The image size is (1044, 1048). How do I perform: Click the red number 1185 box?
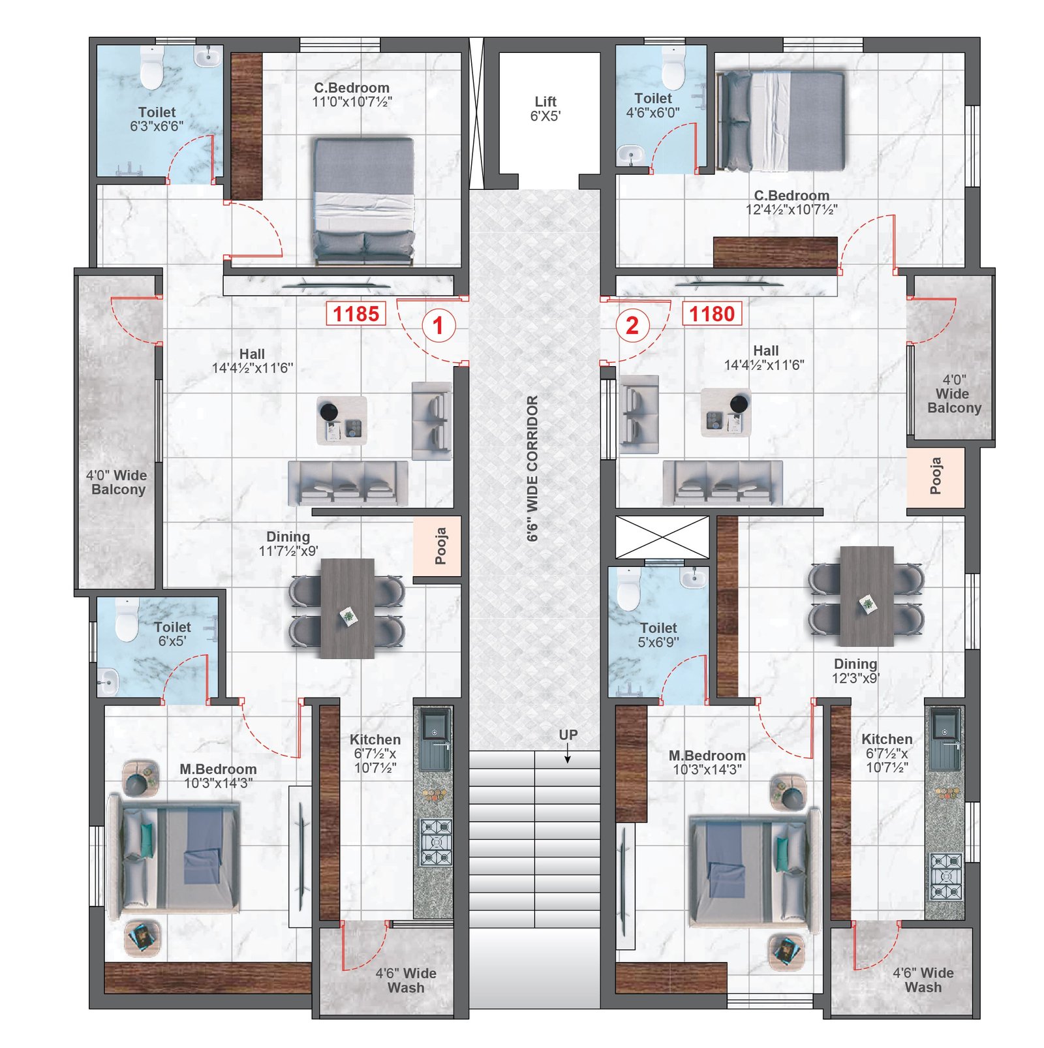(356, 313)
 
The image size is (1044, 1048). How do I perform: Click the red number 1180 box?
(711, 313)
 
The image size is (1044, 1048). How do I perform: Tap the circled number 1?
(438, 324)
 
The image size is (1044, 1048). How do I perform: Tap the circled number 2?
(632, 324)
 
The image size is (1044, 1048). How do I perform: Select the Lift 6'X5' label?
(545, 108)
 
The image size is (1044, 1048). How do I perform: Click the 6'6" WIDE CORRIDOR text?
(532, 468)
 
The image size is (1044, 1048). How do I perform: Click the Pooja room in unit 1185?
(437, 546)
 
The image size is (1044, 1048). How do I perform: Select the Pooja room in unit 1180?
(935, 476)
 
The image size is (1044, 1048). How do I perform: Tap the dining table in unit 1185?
(347, 608)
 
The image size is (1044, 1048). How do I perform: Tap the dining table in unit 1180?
(867, 596)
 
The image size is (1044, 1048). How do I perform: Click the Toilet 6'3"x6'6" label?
(157, 119)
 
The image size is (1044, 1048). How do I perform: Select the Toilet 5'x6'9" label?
(658, 634)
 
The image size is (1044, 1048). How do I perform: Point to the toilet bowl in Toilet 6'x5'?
(127, 620)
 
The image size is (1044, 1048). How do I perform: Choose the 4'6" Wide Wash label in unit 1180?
(923, 979)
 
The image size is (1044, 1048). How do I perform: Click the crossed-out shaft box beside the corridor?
(662, 537)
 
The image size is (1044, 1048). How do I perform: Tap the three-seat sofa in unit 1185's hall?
(348, 484)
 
